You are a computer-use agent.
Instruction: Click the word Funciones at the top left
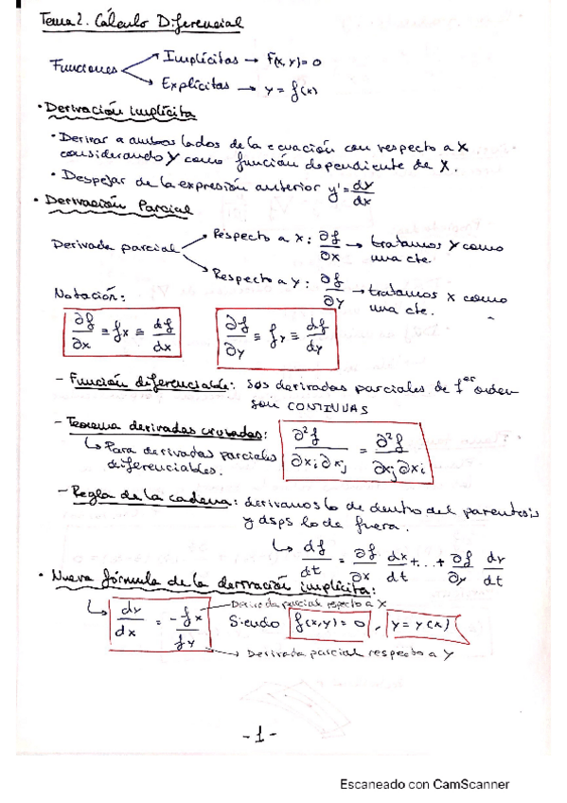pos(83,68)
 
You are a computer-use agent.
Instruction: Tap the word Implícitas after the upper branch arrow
pos(200,57)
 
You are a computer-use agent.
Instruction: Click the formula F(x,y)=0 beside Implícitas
pos(294,62)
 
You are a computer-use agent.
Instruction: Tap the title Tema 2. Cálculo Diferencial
pos(146,20)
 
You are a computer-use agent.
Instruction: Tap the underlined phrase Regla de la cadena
pos(155,498)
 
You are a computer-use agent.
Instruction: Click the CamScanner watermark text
pos(424,784)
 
